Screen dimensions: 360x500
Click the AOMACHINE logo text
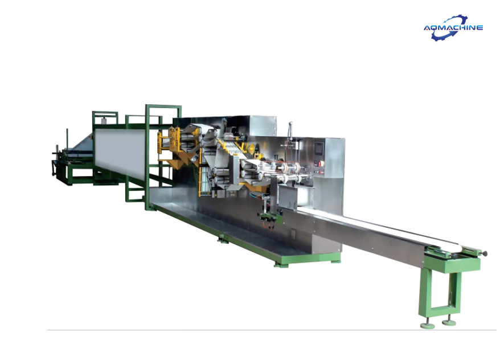click(x=453, y=27)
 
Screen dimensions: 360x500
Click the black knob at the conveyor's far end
click(x=485, y=253)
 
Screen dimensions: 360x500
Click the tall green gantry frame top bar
click(x=163, y=107)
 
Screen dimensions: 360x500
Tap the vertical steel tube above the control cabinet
click(x=290, y=130)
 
